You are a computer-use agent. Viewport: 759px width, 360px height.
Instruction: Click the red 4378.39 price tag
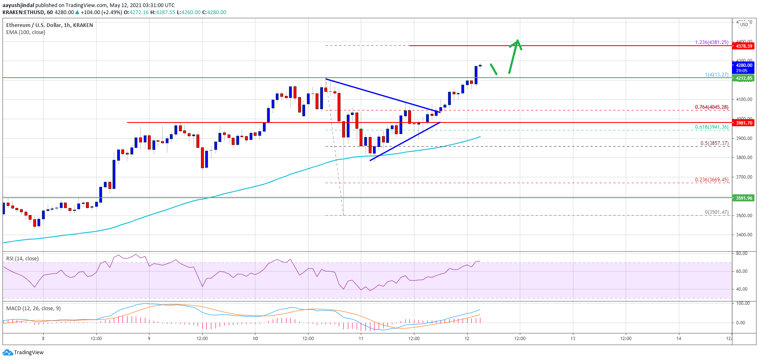(744, 46)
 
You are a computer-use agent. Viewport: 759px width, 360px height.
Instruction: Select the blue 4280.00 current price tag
(744, 65)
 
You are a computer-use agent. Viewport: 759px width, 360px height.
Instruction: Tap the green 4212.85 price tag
(744, 78)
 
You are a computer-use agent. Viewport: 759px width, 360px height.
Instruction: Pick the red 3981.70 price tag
(744, 123)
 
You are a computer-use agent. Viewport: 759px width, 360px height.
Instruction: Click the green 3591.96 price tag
(744, 198)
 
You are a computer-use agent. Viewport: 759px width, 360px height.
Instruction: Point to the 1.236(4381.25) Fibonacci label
(712, 42)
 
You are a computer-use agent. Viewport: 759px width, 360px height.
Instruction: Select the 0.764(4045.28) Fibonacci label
(712, 107)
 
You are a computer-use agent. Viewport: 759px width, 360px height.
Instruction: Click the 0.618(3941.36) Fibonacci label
(712, 127)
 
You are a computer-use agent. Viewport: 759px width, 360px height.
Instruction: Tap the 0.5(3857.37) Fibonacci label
(714, 143)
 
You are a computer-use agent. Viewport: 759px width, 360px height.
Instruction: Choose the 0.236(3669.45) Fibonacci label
(712, 180)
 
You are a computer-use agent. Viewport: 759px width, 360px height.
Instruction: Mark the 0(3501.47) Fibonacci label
(716, 212)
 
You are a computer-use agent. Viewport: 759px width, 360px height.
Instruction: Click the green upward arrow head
(517, 42)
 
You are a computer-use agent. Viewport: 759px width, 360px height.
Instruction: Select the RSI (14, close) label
(22, 259)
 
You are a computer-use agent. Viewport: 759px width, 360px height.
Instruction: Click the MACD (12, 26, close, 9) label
(33, 309)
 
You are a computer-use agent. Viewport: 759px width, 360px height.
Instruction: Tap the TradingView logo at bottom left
(23, 353)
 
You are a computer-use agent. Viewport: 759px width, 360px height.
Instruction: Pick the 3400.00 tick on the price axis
(744, 235)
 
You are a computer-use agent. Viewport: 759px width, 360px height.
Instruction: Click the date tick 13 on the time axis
(573, 338)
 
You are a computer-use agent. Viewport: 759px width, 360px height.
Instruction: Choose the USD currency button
(744, 24)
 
